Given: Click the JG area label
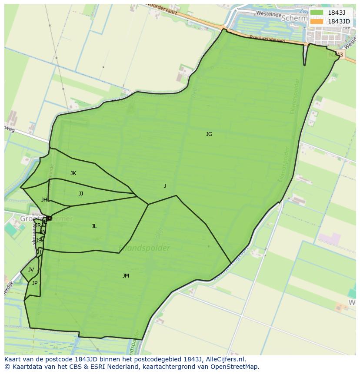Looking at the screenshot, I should (209, 134).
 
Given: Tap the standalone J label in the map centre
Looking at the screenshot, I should (165, 186).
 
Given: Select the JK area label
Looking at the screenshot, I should (73, 173).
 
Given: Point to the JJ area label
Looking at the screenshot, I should (81, 194).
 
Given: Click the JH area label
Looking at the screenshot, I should (44, 200).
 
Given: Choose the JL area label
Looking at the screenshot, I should (94, 226).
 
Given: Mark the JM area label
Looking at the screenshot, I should (126, 276).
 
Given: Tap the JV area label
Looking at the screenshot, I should (31, 270).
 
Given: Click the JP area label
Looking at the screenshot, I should (35, 283).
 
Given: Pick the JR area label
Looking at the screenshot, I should (38, 225).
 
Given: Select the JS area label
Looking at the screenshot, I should (39, 240).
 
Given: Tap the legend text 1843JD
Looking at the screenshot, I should (339, 21).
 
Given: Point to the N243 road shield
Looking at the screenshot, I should (336, 55).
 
